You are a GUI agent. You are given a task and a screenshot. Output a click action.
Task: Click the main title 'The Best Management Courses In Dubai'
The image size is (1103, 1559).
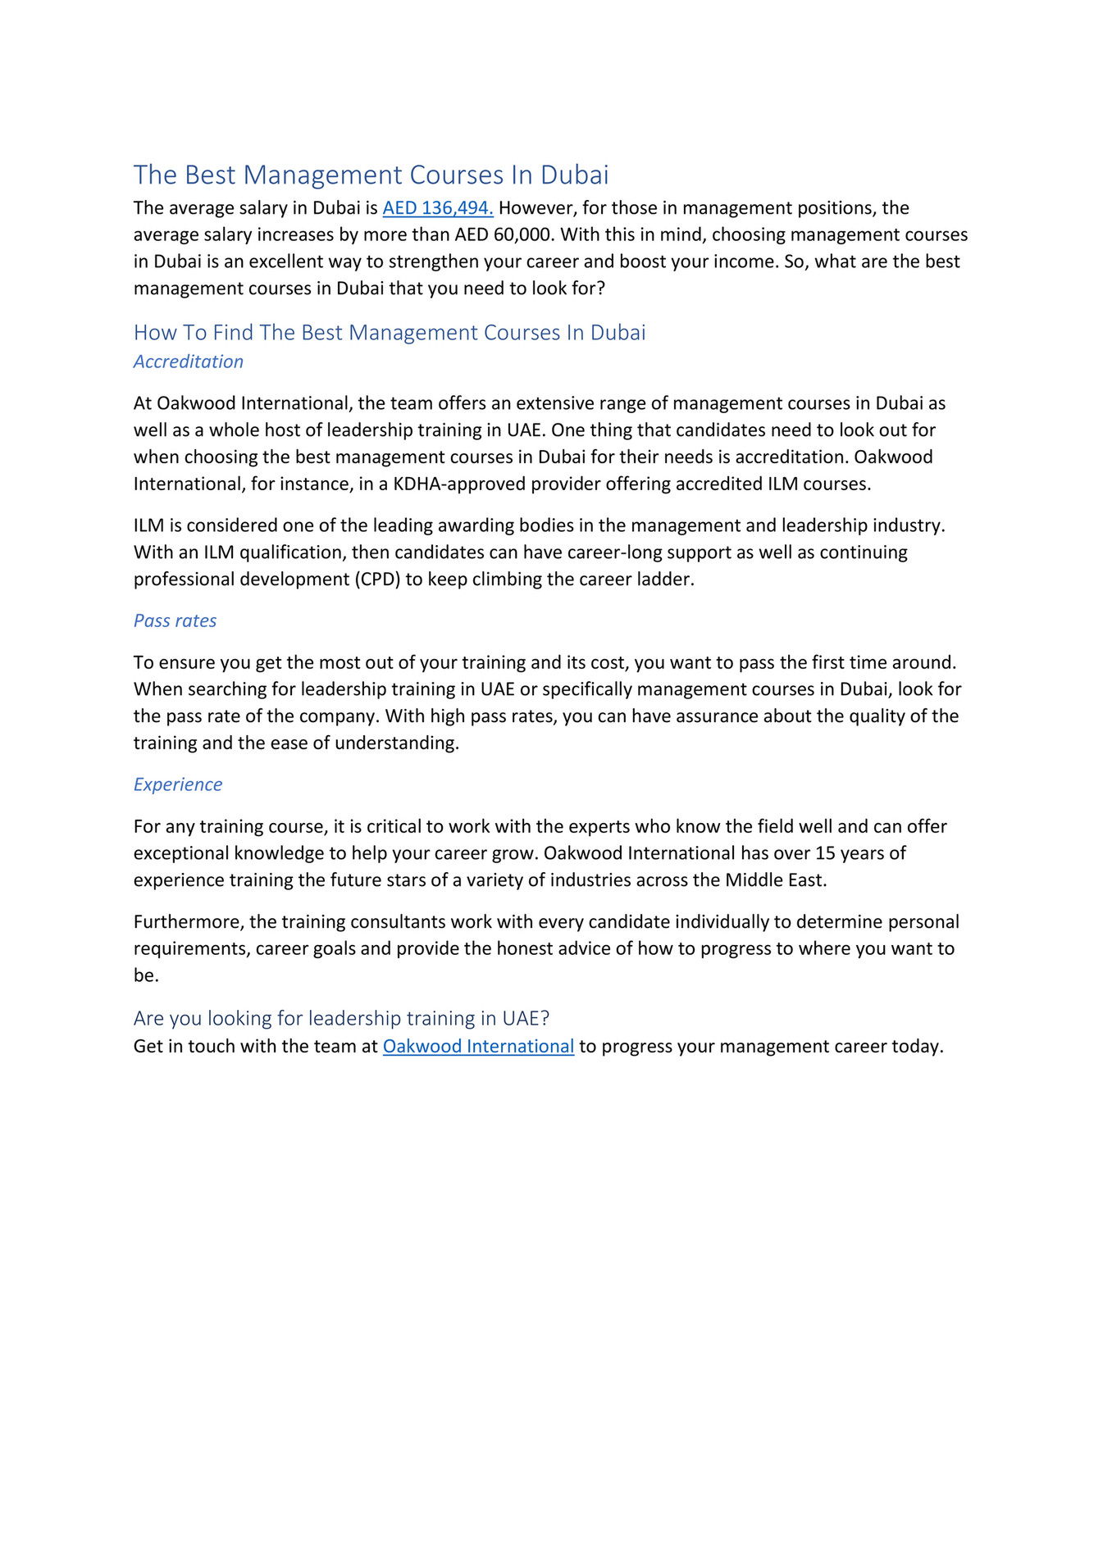point(371,175)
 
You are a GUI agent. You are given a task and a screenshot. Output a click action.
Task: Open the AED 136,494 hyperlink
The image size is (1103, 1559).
point(437,208)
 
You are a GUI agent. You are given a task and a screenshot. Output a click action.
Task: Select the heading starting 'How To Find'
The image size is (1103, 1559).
point(390,332)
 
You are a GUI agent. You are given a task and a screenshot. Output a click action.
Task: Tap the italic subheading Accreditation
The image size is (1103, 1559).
point(188,361)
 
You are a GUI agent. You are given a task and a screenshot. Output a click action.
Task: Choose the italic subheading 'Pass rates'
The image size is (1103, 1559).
point(175,620)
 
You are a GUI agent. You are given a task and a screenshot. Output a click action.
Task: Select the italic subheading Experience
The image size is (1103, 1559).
point(177,784)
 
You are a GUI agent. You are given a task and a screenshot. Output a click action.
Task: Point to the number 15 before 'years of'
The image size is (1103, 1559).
point(825,853)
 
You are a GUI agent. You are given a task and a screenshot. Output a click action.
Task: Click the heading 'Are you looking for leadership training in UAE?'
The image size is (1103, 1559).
point(341,1018)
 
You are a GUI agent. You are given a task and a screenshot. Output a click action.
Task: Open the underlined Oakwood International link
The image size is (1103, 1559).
point(478,1047)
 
